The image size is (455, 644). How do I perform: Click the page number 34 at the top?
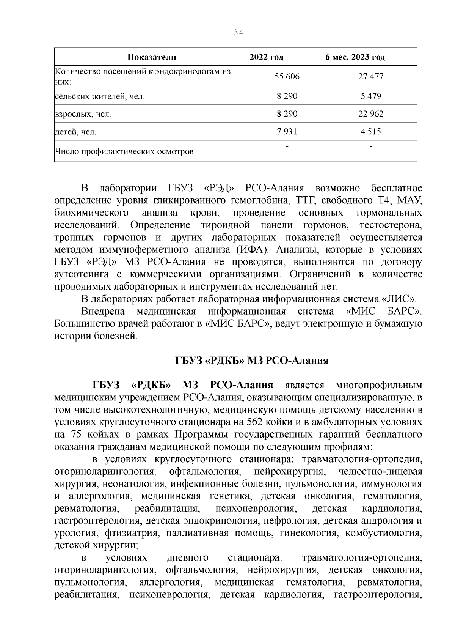click(x=238, y=33)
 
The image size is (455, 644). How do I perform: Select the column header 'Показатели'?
click(x=151, y=57)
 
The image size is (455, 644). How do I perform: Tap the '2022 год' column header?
click(x=267, y=57)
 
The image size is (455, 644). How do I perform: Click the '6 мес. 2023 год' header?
click(x=355, y=57)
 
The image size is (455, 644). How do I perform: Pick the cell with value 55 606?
click(x=287, y=77)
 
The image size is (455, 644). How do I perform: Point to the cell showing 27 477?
click(x=371, y=77)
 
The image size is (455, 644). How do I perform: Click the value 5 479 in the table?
click(x=371, y=96)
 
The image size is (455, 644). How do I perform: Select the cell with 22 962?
click(x=371, y=114)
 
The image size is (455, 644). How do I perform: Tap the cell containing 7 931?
click(x=287, y=132)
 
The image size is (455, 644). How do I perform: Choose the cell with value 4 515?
click(x=371, y=132)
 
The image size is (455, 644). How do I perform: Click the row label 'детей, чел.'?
click(x=75, y=132)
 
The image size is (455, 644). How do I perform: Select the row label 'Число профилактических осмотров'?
click(x=124, y=152)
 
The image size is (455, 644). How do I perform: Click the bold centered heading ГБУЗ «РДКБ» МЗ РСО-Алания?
click(x=252, y=361)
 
